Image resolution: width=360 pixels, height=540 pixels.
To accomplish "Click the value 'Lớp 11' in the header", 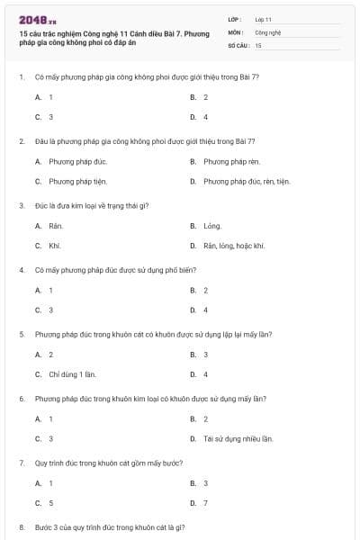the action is (x=264, y=19).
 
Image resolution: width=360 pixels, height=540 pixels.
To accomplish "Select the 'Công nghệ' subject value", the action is (x=268, y=31).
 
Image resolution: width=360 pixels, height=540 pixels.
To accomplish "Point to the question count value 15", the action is (x=258, y=44).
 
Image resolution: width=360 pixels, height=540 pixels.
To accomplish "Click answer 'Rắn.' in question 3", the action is (x=56, y=226).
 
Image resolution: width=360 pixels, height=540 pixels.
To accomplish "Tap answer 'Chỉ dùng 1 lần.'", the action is (x=71, y=374).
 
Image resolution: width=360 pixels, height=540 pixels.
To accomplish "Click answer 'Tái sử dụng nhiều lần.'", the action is (x=238, y=439).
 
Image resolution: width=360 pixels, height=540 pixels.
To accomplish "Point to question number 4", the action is (x=21, y=270).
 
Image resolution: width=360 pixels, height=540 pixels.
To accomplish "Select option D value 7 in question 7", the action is (x=205, y=503).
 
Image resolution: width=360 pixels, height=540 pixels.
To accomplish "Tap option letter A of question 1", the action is (x=38, y=96).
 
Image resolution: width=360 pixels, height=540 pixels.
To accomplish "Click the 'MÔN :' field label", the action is (x=236, y=31).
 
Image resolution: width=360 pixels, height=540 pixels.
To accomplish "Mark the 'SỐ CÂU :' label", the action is (x=238, y=44).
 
